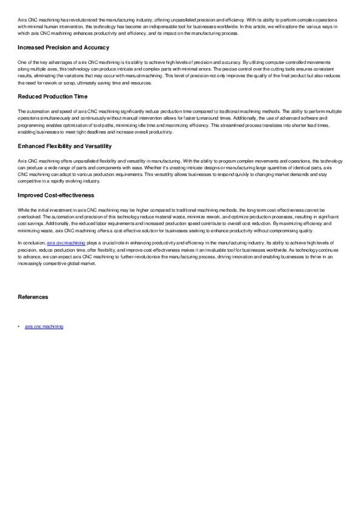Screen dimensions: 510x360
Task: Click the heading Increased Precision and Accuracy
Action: (63, 48)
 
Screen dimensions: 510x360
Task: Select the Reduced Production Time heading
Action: (53, 97)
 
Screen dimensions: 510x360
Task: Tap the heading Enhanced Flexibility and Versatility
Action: (65, 146)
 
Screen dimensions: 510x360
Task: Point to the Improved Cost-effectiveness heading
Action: (55, 196)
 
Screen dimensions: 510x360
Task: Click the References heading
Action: (33, 297)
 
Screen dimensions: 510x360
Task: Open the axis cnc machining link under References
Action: (44, 327)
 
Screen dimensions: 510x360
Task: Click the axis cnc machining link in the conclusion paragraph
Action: (66, 243)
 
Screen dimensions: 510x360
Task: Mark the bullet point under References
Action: (19, 327)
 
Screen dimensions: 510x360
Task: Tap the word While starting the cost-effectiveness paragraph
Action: (22, 210)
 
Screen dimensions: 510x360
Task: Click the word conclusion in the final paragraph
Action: (34, 243)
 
